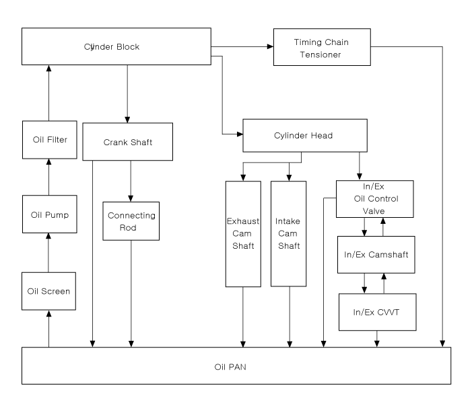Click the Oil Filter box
pyautogui.click(x=50, y=140)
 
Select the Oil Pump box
pyautogui.click(x=50, y=214)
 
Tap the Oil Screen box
pyautogui.click(x=48, y=291)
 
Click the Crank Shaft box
pyautogui.click(x=128, y=142)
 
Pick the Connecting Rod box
pyautogui.click(x=131, y=221)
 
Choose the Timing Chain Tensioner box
pyautogui.click(x=322, y=47)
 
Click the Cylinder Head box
pyautogui.click(x=305, y=136)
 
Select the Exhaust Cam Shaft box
pyautogui.click(x=243, y=234)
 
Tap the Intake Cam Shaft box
pyautogui.click(x=289, y=234)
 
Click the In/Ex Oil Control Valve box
pyautogui.click(x=375, y=199)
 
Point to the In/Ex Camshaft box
pyautogui.click(x=376, y=255)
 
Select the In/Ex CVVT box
pyautogui.click(x=378, y=312)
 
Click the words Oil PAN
pyautogui.click(x=230, y=367)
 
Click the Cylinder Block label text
pyautogui.click(x=112, y=47)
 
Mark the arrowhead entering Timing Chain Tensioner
pyautogui.click(x=270, y=46)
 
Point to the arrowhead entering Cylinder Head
pyautogui.click(x=240, y=134)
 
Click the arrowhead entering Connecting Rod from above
pyautogui.click(x=131, y=198)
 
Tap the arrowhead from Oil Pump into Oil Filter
pyautogui.click(x=48, y=162)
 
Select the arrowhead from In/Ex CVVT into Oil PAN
pyautogui.click(x=377, y=344)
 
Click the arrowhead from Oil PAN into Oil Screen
pyautogui.click(x=48, y=313)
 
